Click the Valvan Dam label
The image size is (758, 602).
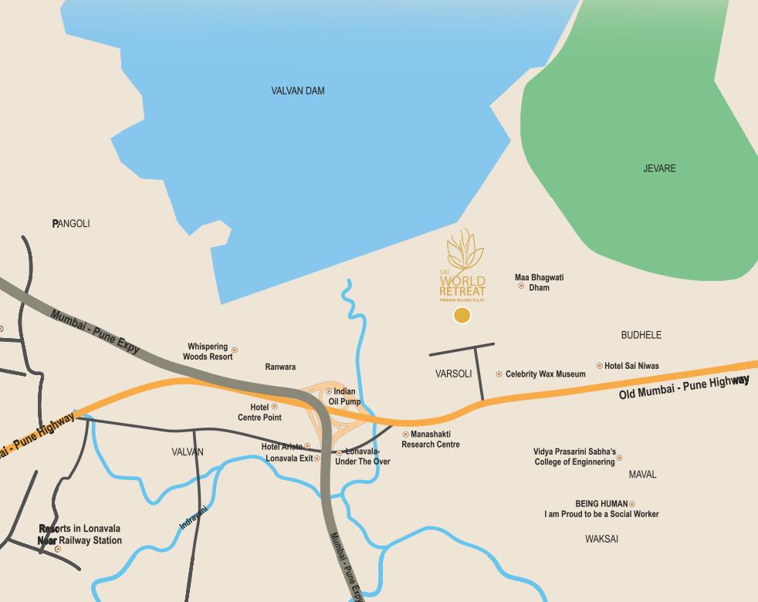(x=298, y=91)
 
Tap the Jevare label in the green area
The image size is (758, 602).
(x=659, y=168)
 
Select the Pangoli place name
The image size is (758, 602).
(x=71, y=224)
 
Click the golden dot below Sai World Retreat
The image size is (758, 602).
(x=462, y=315)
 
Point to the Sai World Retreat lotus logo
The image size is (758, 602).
(x=464, y=250)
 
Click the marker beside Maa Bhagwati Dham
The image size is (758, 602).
(x=521, y=286)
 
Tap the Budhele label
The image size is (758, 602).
(x=641, y=336)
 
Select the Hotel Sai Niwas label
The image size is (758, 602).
(x=631, y=366)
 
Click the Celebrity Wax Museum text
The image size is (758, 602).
(x=545, y=374)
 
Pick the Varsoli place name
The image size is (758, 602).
(x=453, y=374)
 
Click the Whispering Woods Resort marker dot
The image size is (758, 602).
(x=235, y=350)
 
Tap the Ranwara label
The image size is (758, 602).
(x=280, y=367)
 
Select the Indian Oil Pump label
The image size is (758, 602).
(x=344, y=397)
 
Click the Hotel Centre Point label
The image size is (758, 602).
(x=259, y=412)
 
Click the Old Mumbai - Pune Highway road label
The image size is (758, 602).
(x=684, y=387)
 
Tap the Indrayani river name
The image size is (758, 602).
(x=194, y=516)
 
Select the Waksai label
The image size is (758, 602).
(x=601, y=539)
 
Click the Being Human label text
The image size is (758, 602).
(x=601, y=504)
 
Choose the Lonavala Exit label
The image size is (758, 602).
(x=289, y=458)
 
